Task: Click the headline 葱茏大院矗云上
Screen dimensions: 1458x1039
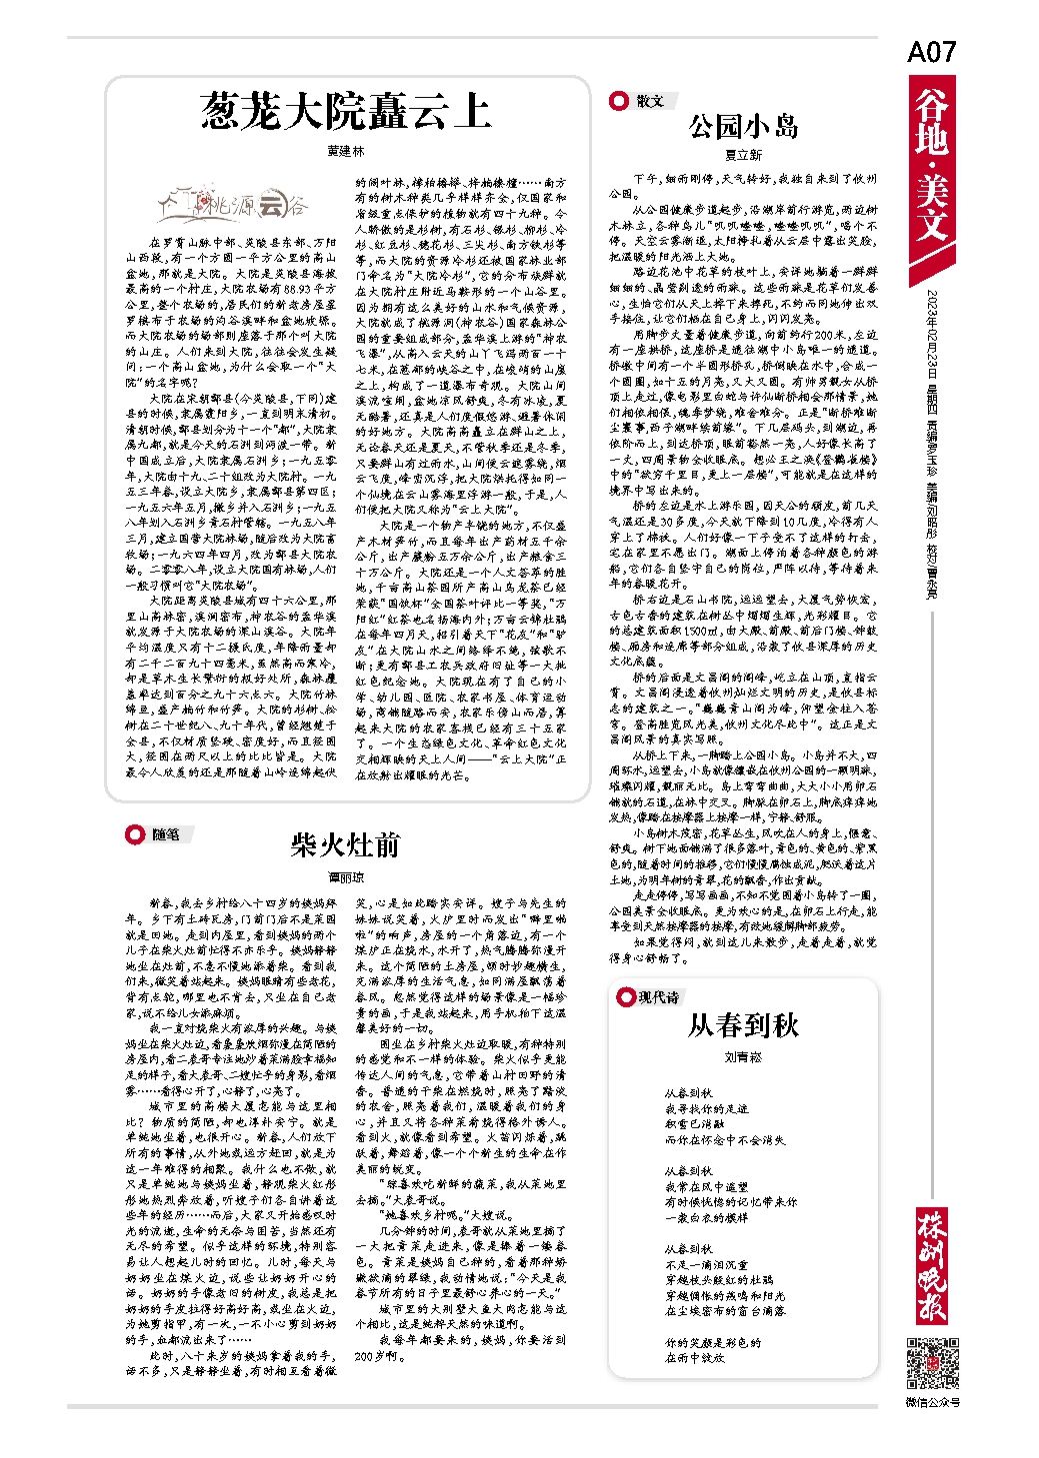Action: click(346, 111)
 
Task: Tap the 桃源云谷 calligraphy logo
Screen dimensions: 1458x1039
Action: click(237, 204)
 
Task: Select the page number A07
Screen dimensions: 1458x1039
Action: click(931, 53)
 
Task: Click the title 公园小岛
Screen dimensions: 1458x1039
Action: click(742, 126)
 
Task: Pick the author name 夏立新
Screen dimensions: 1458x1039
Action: click(742, 155)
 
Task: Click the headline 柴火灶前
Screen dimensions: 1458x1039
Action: click(345, 845)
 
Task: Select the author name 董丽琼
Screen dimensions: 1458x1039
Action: click(345, 876)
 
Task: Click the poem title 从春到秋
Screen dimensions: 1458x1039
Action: click(743, 1025)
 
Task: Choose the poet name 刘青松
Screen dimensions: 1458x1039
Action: click(743, 1055)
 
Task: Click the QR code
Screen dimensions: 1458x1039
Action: click(932, 1362)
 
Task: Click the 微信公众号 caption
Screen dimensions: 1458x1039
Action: click(932, 1402)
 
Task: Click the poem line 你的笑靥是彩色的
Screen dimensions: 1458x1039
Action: click(713, 1342)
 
